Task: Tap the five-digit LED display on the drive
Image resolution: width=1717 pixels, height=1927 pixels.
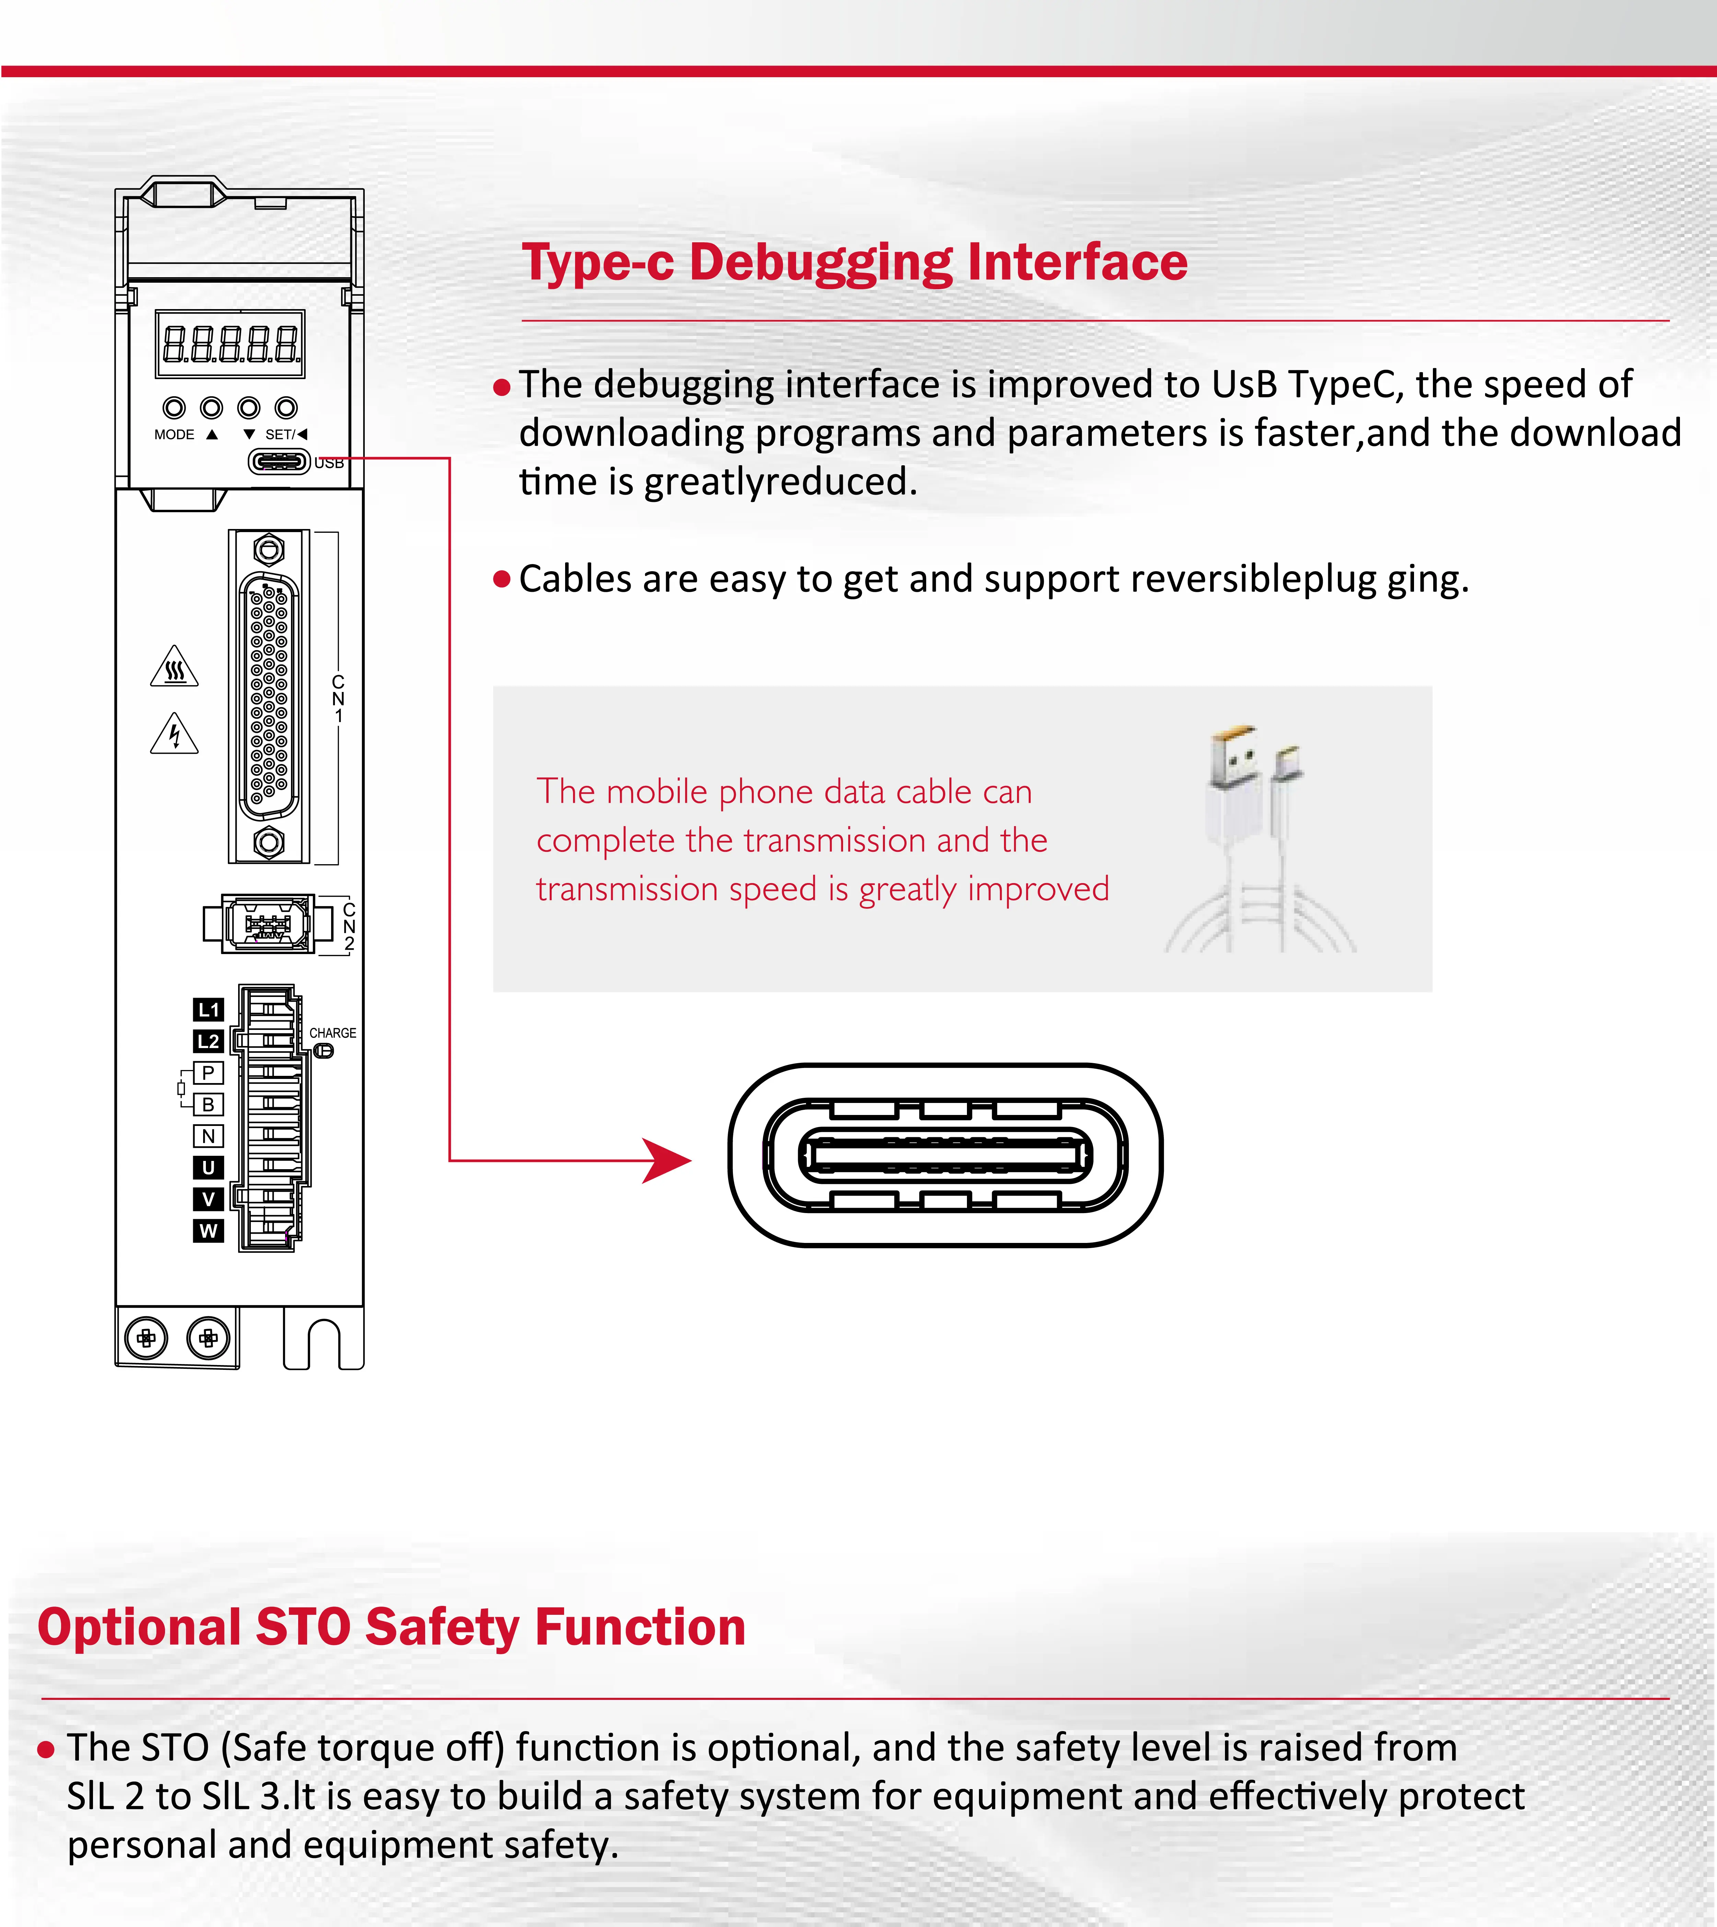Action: [230, 343]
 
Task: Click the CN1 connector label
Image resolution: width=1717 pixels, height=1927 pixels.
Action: [338, 698]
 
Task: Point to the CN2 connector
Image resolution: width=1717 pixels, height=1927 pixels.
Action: [268, 924]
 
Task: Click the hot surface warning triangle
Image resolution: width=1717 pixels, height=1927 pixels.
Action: [175, 668]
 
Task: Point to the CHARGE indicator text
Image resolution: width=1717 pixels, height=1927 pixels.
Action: [333, 1033]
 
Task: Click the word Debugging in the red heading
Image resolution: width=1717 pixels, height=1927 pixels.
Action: [821, 263]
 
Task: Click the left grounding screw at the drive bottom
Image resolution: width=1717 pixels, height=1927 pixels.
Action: [146, 1338]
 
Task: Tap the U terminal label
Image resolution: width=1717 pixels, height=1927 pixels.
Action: [209, 1168]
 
